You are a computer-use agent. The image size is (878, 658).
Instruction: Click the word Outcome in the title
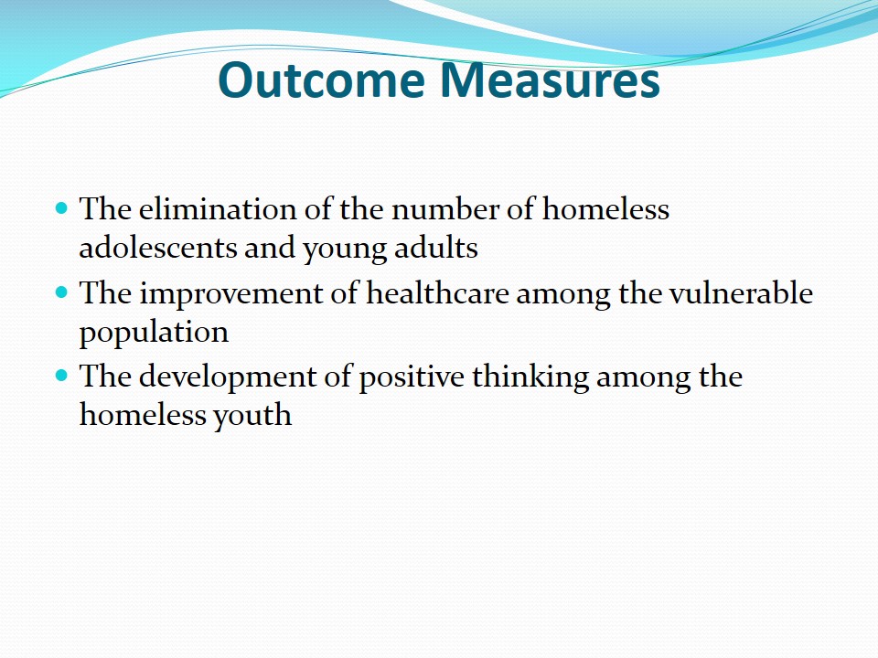(321, 80)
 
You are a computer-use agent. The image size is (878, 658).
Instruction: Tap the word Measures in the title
(550, 80)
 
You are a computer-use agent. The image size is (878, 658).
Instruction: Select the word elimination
(218, 209)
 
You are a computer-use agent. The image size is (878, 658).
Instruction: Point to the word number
(445, 209)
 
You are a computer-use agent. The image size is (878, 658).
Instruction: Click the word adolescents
(158, 248)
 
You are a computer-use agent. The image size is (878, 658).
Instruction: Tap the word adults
(435, 248)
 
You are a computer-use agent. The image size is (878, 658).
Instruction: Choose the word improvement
(230, 294)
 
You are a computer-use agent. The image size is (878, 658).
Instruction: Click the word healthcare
(437, 293)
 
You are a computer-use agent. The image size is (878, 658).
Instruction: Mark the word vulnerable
(741, 293)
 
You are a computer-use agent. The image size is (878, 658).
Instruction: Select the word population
(154, 334)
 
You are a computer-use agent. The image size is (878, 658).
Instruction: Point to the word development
(228, 377)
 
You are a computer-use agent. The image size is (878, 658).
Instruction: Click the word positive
(411, 377)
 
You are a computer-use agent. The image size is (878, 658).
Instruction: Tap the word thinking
(530, 377)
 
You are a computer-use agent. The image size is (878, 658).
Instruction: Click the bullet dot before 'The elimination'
(61, 208)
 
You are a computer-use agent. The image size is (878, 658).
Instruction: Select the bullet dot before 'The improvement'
(61, 292)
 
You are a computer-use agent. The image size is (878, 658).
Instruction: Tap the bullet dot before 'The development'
(61, 376)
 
